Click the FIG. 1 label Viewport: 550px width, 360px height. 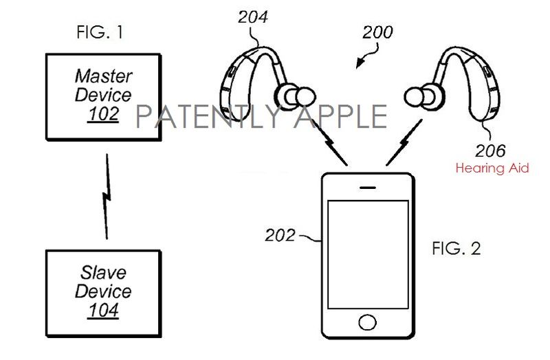100,32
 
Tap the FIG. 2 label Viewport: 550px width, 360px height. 456,248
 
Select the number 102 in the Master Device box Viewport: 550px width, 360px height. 103,113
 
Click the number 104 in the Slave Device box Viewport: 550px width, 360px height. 103,310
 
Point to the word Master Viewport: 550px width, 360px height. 104,76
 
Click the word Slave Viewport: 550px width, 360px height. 103,272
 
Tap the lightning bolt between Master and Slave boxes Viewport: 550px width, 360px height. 107,196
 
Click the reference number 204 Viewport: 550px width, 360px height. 253,16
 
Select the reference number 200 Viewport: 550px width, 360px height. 377,32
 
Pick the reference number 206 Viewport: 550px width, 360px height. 490,150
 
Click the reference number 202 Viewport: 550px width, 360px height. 280,235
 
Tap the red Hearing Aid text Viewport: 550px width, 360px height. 492,168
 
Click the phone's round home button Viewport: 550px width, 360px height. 367,322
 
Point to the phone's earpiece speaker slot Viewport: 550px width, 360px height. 368,188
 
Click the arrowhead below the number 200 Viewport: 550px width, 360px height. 359,64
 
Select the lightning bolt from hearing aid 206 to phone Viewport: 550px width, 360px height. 404,142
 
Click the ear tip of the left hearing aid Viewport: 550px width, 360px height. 304,97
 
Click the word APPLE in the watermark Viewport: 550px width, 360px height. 341,116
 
